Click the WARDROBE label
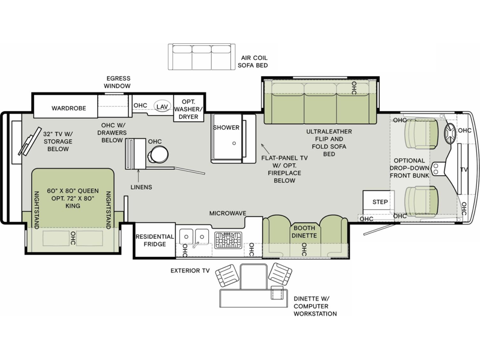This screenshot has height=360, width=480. tap(68, 108)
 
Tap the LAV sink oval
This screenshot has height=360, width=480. tap(162, 106)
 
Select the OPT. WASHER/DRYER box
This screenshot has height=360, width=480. tap(188, 109)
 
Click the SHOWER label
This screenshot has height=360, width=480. tap(226, 127)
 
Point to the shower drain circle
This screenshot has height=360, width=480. tap(234, 143)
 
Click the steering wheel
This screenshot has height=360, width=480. tap(451, 134)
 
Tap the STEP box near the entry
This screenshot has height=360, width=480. tap(379, 201)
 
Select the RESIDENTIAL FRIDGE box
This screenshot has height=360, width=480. tap(155, 240)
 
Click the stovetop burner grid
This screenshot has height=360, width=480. tap(228, 240)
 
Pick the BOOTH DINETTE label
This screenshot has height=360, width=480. tap(304, 232)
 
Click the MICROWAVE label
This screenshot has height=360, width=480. tap(227, 214)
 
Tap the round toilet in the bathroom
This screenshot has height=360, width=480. tap(158, 154)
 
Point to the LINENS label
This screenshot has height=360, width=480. tap(141, 187)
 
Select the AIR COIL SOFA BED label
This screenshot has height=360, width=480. tap(253, 62)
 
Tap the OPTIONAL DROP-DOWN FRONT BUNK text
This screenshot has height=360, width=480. tap(409, 168)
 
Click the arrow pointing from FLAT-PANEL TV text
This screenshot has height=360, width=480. tap(265, 149)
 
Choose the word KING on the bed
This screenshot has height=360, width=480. tap(73, 206)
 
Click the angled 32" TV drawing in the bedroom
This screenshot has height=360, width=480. tap(30, 142)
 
